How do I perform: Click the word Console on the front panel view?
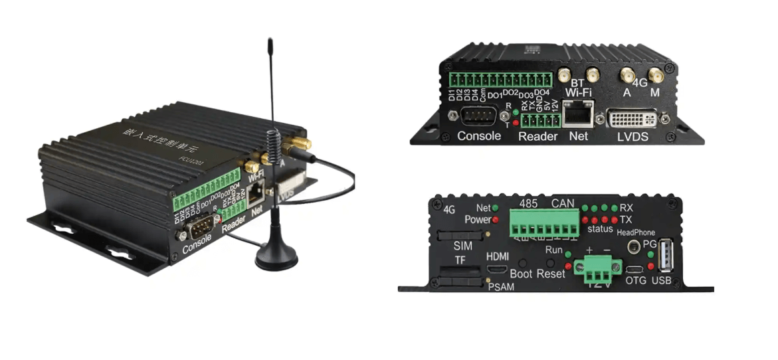tap(479, 137)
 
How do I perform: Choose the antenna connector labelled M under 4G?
tap(654, 76)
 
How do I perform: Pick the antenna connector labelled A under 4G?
tap(626, 76)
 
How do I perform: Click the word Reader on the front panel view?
tap(538, 137)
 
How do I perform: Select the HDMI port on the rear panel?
tap(496, 270)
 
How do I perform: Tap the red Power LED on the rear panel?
tap(495, 219)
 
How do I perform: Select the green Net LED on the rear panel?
tap(495, 209)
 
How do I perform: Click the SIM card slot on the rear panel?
tap(460, 237)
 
